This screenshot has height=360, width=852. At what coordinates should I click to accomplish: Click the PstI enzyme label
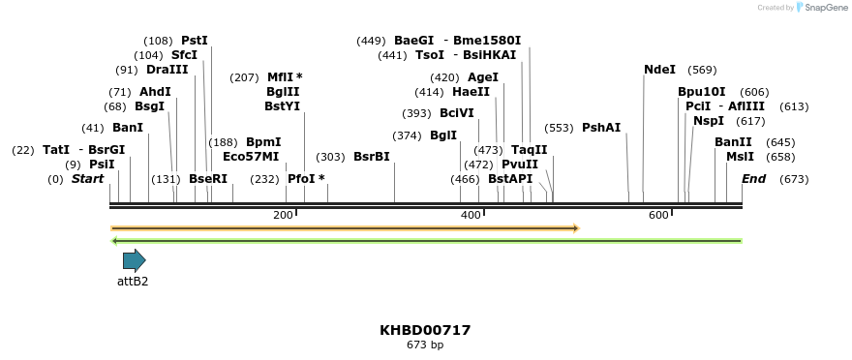195,41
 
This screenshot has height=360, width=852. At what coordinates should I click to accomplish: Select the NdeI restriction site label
659,70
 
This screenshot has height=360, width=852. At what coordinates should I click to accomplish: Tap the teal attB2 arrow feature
134,260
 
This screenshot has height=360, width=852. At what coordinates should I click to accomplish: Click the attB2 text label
133,282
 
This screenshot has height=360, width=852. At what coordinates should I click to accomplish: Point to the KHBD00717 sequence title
425,330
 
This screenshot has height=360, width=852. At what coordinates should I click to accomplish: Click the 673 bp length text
425,345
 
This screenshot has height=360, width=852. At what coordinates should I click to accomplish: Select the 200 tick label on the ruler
283,215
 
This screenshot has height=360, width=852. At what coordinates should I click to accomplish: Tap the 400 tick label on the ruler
471,215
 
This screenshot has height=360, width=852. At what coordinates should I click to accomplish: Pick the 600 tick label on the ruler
658,215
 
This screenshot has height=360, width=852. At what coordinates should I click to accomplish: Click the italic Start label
87,179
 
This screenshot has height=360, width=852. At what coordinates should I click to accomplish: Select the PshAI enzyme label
601,128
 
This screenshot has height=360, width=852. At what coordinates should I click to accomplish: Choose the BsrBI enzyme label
372,157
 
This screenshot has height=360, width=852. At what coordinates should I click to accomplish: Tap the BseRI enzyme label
208,179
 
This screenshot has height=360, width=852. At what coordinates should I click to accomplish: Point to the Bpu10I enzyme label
701,92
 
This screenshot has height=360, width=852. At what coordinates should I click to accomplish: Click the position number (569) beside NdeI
702,70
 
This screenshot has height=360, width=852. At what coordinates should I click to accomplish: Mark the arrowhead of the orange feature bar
576,228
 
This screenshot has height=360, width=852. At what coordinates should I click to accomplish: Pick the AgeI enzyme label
483,77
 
